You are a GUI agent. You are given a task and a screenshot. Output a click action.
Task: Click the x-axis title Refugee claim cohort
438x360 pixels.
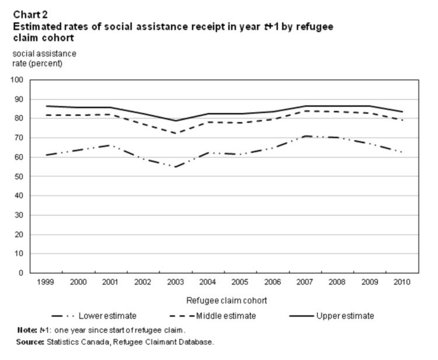coord(219,300)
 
